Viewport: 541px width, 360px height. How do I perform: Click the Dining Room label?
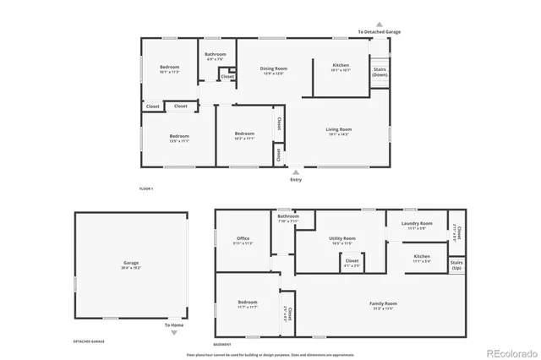273,68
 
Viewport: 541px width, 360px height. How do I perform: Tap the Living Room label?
339,129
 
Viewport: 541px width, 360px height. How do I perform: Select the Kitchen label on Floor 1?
341,65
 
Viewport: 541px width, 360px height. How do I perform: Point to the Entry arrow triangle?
295,172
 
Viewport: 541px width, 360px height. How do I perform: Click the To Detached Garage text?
379,32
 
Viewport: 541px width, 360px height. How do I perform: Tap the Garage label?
131,263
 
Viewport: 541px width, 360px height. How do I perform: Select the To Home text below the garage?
174,325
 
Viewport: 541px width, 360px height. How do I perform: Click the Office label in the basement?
243,238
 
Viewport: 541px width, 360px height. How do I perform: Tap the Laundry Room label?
420,224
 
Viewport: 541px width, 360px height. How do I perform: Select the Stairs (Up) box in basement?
456,265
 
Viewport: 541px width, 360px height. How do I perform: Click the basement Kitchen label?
422,256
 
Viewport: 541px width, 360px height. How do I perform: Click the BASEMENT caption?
222,344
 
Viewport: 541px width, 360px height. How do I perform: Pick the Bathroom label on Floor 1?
216,55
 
